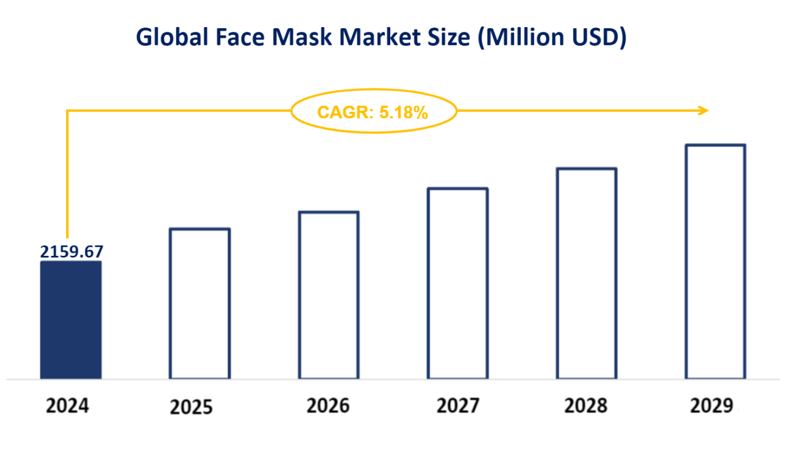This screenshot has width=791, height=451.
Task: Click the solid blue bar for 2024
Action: [x=71, y=319]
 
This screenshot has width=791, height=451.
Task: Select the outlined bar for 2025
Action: [x=200, y=303]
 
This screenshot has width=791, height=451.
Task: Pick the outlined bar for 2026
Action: [x=329, y=295]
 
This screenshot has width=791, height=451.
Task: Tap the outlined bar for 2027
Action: [x=458, y=283]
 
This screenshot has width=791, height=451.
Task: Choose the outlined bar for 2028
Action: [x=587, y=273]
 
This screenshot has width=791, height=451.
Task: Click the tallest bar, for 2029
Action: [x=715, y=261]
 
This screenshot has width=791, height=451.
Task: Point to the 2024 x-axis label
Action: [x=67, y=407]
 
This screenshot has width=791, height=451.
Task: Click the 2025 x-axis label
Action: [x=191, y=408]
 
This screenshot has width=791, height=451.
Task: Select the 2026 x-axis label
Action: [x=328, y=407]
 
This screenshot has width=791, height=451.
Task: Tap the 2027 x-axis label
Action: [x=458, y=407]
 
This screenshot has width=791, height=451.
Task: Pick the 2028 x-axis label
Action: [x=586, y=407]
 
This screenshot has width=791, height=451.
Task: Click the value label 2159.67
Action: [x=72, y=252]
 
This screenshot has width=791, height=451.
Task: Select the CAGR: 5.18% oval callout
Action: [x=373, y=111]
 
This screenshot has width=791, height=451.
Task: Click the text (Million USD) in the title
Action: [x=552, y=38]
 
